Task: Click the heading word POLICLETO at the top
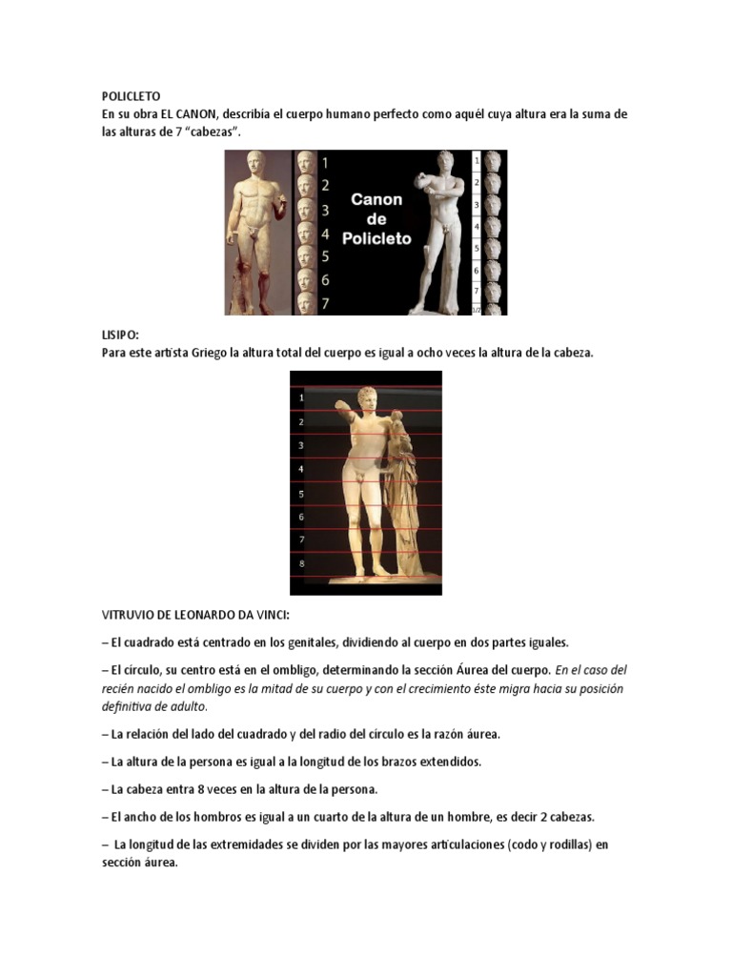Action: pyautogui.click(x=131, y=96)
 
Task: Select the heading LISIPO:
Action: pyautogui.click(x=120, y=335)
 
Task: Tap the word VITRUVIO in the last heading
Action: pyautogui.click(x=129, y=617)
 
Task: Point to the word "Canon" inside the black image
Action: pyautogui.click(x=376, y=199)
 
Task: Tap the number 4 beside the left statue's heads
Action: pyautogui.click(x=325, y=234)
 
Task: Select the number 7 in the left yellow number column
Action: pyautogui.click(x=325, y=303)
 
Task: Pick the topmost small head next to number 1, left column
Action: pyautogui.click(x=305, y=162)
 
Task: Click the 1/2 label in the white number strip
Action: pyautogui.click(x=477, y=310)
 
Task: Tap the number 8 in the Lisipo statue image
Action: pyautogui.click(x=302, y=563)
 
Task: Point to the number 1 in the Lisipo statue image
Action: pyautogui.click(x=302, y=396)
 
